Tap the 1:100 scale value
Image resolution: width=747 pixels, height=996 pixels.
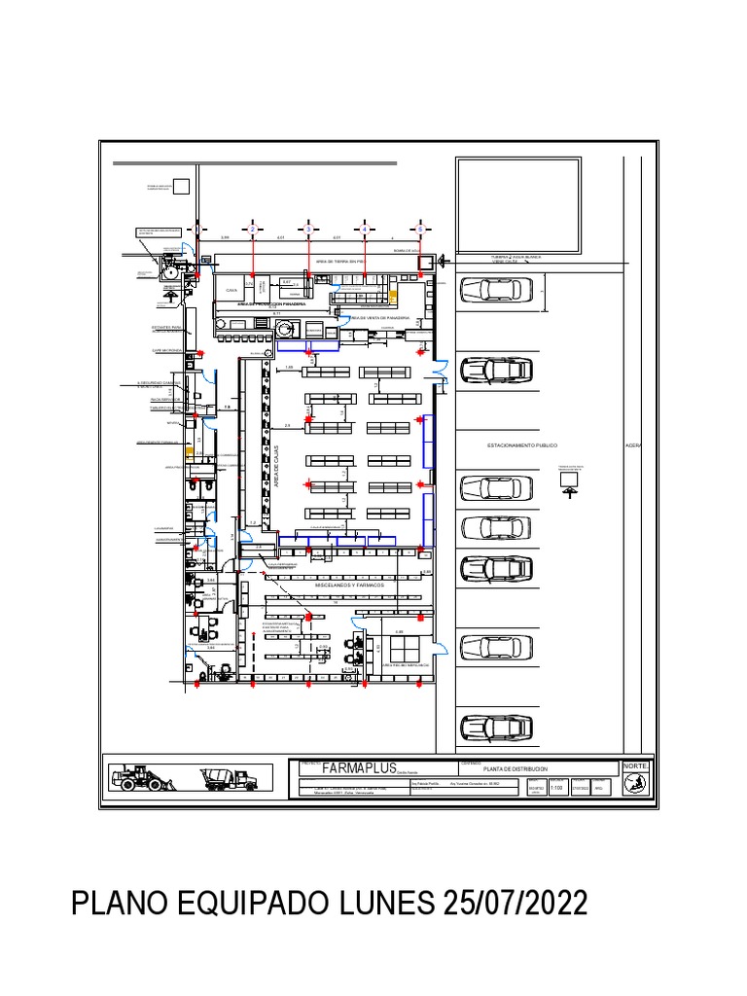[557, 790]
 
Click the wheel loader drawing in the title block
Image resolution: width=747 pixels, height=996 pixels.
[141, 777]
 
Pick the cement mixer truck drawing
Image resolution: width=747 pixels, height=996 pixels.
[229, 778]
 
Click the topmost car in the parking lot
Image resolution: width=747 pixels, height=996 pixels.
[495, 290]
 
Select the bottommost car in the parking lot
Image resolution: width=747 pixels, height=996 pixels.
[495, 727]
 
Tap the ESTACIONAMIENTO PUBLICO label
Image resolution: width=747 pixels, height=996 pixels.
[522, 445]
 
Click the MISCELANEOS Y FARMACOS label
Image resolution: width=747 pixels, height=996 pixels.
[342, 586]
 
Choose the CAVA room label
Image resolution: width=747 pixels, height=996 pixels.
[231, 290]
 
